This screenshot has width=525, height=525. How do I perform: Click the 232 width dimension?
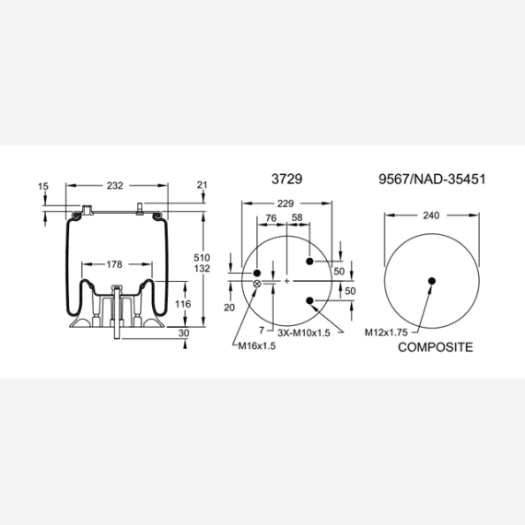(x=115, y=185)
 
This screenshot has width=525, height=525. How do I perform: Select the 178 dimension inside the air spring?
(x=114, y=264)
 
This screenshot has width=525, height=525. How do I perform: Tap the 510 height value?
(x=202, y=258)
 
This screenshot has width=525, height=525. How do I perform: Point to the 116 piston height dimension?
(x=182, y=304)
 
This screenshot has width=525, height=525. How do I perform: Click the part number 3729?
(x=286, y=179)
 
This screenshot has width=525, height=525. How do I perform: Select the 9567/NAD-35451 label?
(x=432, y=179)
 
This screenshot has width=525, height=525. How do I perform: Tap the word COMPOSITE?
(x=436, y=347)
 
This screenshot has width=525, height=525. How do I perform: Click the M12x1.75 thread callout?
(x=386, y=332)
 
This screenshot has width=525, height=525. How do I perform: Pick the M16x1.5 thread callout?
(x=257, y=346)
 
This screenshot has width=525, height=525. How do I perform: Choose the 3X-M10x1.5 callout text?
(x=304, y=332)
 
